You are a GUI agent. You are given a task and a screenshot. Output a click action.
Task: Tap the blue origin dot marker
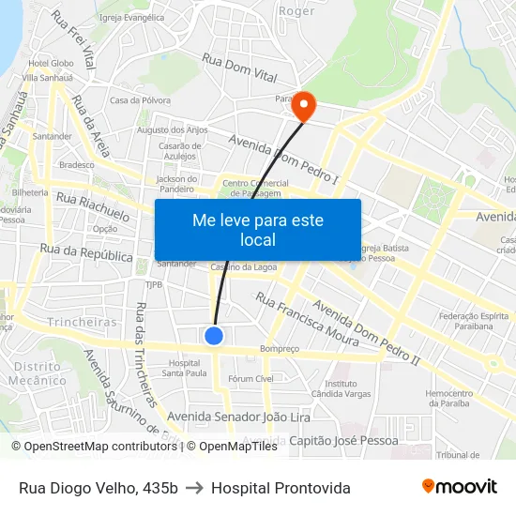[214, 335]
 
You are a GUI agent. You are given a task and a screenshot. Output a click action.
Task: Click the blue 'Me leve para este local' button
[258, 230]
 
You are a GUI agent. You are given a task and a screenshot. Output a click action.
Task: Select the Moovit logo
[460, 487]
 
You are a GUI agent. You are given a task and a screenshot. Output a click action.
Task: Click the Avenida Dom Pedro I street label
[283, 158]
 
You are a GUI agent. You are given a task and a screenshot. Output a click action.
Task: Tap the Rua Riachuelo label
[93, 205]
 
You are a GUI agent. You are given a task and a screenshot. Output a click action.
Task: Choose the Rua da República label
[86, 253]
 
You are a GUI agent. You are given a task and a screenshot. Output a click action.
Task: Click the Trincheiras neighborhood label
[83, 322]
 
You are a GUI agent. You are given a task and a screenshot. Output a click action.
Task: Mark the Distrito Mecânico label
[38, 373]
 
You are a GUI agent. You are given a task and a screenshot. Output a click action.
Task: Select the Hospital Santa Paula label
[184, 368]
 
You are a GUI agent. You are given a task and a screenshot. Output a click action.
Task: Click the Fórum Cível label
[250, 379]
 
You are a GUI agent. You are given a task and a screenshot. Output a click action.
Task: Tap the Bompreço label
[280, 349]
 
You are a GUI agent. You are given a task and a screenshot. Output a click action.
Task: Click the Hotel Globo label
[49, 64]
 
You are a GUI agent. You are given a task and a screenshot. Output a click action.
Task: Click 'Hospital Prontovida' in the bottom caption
[281, 488]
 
